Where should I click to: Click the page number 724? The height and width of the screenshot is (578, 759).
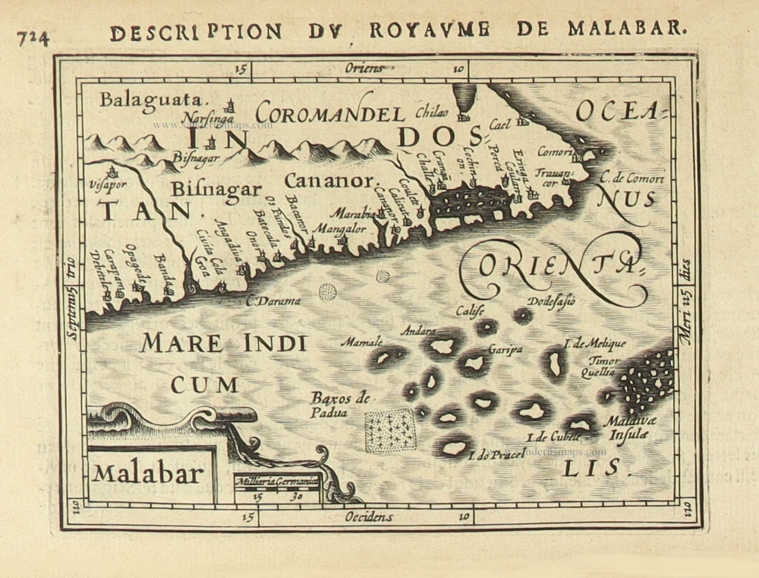coord(33,36)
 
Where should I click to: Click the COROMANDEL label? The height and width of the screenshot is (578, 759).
coord(329,115)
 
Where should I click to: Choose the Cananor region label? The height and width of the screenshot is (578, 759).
coord(329,181)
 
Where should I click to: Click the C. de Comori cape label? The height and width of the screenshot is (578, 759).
coord(631,179)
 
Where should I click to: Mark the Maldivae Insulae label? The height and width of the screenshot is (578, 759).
coord(627,429)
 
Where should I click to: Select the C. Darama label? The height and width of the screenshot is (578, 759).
coord(273,301)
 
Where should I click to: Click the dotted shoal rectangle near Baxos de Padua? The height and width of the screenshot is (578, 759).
coord(390,431)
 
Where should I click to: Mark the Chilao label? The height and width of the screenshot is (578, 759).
coord(432,113)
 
